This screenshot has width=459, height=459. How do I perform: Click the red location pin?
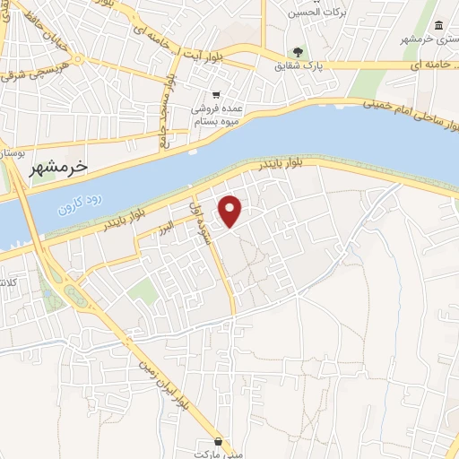point(231,211)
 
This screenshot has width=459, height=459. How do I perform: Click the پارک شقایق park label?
point(299,65)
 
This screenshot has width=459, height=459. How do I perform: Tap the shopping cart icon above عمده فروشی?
point(216,95)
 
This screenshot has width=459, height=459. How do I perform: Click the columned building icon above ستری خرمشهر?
point(437,27)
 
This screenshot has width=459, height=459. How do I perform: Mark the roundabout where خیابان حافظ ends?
point(79,61)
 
